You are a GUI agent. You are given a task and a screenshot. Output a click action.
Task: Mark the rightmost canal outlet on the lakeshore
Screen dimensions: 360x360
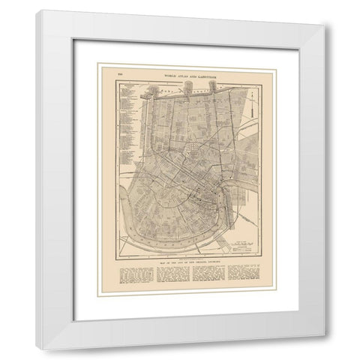(212, 87)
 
